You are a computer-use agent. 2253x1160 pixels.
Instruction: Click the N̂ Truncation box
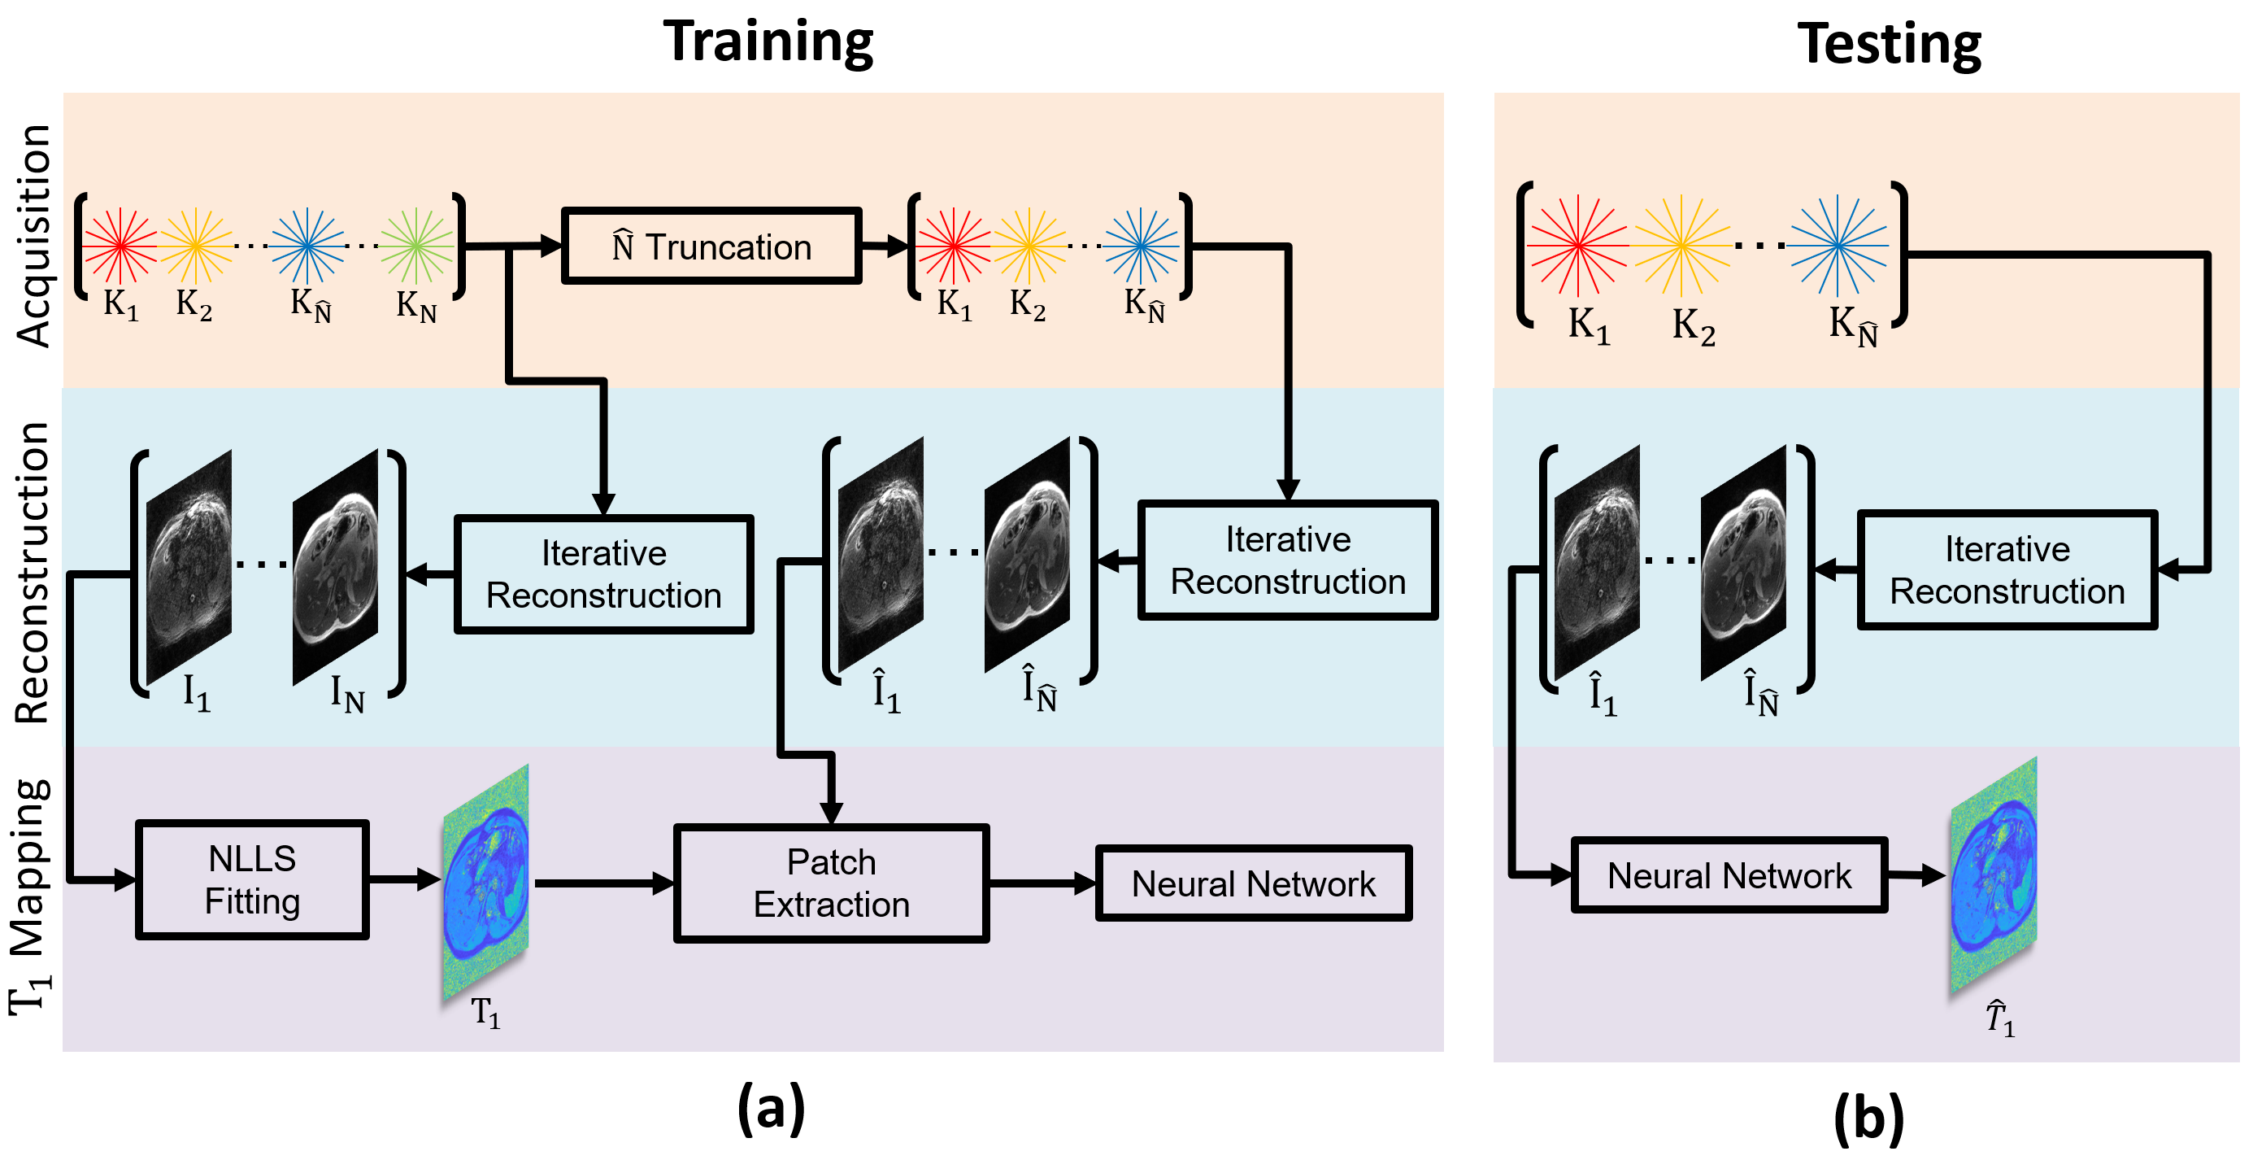711,246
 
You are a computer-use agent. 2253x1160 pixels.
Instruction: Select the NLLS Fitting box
252,879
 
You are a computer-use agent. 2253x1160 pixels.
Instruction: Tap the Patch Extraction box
831,883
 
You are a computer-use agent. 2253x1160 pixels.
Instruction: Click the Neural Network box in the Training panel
1253,883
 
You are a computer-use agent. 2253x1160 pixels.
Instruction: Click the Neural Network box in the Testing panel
1729,875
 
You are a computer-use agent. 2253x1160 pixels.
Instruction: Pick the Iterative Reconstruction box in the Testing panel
2007,569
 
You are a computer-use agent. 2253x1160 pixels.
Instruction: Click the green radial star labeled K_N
417,246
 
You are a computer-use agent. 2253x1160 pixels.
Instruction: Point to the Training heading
768,41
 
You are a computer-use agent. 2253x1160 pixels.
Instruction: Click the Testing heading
1890,44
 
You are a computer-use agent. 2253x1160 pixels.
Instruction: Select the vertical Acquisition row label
34,236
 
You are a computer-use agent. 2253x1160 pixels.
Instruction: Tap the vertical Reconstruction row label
33,573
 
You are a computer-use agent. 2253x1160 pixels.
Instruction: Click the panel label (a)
771,1109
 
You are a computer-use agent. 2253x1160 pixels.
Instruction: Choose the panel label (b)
1869,1118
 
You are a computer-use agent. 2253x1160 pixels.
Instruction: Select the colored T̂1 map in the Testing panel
1994,875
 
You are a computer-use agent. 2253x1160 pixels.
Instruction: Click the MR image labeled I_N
336,566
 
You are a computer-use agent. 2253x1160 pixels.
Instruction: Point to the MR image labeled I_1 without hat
189,567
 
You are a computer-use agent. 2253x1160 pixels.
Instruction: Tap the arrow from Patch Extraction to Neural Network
1042,883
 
